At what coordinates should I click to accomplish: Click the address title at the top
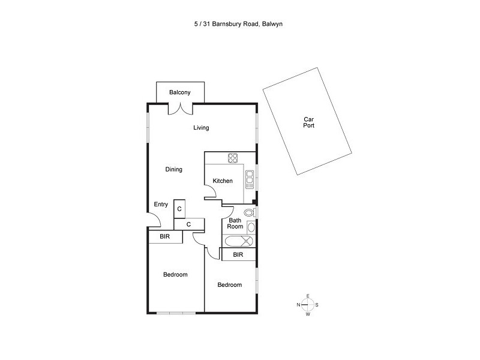coord(238,24)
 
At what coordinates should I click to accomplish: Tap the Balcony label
coord(179,92)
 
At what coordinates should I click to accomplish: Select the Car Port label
coord(308,122)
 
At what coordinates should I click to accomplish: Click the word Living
coord(201,128)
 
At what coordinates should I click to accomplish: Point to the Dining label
coord(173,169)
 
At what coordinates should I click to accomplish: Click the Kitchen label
coord(223,181)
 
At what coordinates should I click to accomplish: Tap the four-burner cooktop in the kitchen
coord(233,158)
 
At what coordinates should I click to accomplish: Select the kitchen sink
coord(250,179)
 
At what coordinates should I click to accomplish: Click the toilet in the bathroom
coord(249,212)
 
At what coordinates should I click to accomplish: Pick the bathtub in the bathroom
coord(239,241)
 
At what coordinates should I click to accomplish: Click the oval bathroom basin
coord(251,227)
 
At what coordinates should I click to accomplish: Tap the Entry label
coord(161,204)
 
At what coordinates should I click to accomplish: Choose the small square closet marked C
coord(179,209)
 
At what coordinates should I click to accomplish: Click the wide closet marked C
coord(189,224)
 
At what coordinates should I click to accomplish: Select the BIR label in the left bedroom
coord(164,236)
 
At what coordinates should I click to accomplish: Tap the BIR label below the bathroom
coord(238,254)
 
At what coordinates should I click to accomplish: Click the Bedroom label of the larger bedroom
coord(175,275)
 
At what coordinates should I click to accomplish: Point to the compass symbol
coord(307,305)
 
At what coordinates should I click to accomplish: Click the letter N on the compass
coord(298,305)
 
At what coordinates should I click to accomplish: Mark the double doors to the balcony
coord(181,109)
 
